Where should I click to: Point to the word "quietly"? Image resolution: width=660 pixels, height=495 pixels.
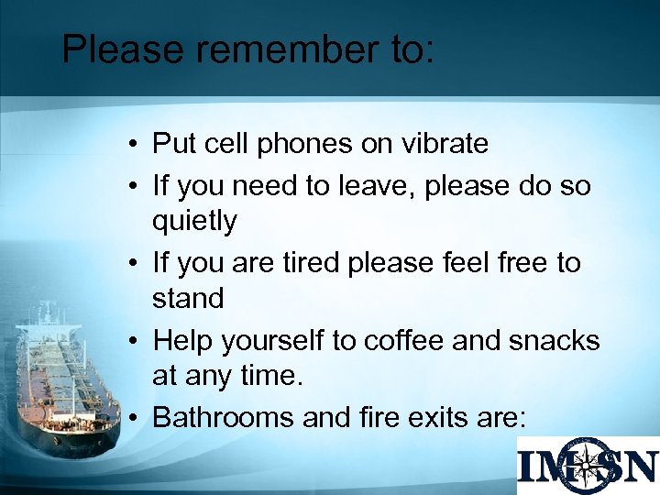click(x=194, y=221)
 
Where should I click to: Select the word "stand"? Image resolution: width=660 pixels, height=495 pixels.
click(x=188, y=298)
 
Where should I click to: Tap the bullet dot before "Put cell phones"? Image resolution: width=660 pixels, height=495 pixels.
click(x=134, y=145)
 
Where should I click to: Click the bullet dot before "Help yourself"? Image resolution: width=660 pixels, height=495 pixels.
click(x=134, y=341)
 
